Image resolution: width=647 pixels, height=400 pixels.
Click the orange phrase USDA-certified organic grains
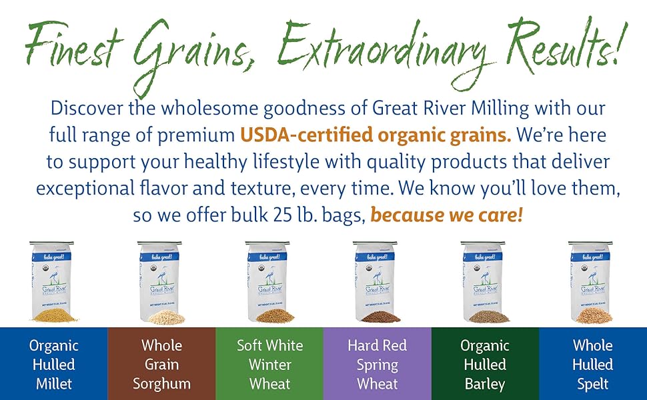click(x=376, y=135)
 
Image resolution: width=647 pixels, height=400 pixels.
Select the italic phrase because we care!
click(x=446, y=215)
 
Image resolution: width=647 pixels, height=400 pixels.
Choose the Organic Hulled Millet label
click(x=53, y=365)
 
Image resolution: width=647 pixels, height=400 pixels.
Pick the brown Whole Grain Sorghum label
click(x=161, y=365)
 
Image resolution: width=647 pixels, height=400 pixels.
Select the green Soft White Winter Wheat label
click(x=269, y=365)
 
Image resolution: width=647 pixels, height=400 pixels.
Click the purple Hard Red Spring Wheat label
click(x=377, y=365)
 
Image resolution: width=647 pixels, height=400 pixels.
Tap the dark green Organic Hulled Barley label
click(x=485, y=365)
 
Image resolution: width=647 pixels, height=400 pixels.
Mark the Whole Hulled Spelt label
click(x=592, y=365)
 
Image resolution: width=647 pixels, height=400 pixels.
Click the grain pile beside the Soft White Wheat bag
click(x=274, y=316)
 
